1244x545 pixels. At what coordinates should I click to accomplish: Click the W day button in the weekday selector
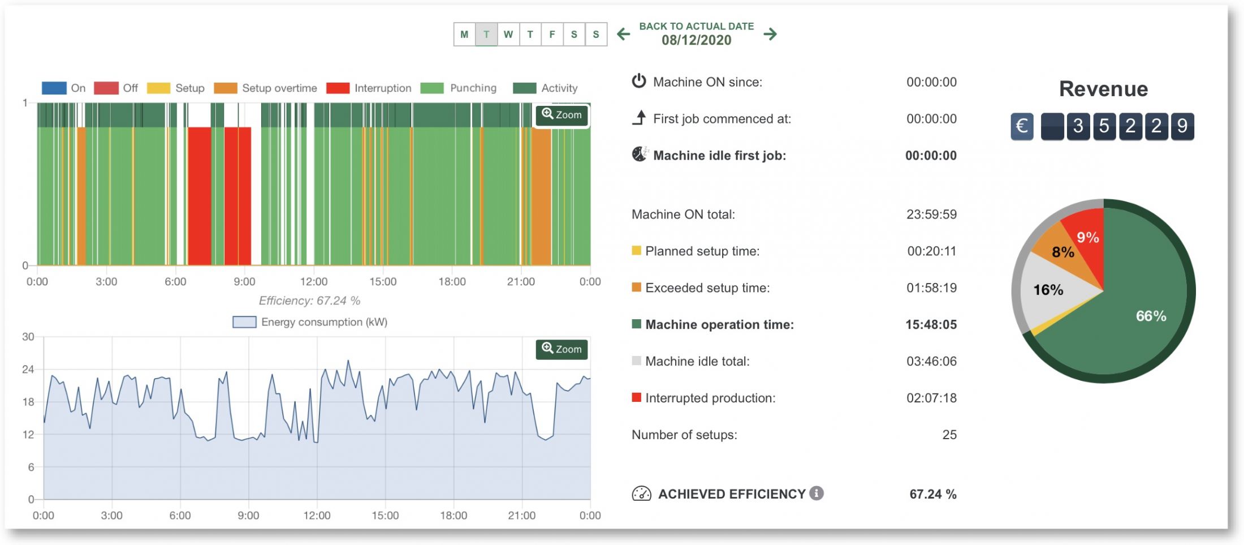point(508,35)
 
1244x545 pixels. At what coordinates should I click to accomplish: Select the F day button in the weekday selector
point(552,35)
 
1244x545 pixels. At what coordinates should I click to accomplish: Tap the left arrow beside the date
point(624,34)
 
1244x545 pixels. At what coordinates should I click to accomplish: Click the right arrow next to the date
point(770,34)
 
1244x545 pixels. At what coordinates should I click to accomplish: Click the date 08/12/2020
point(696,40)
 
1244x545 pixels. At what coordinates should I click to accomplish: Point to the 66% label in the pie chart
point(1151,316)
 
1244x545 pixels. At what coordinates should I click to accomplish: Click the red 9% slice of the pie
point(1087,238)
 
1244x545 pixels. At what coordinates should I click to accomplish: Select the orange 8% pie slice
point(1062,252)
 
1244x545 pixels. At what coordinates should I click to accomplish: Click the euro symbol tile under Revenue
point(1022,126)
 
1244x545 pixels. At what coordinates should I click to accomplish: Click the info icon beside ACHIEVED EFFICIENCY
point(816,493)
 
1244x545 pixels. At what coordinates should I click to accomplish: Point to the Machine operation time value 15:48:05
point(931,325)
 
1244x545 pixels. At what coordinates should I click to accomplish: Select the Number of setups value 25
point(949,435)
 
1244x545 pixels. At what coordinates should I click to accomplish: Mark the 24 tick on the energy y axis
point(28,370)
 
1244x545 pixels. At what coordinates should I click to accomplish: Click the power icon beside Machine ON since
point(639,81)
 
